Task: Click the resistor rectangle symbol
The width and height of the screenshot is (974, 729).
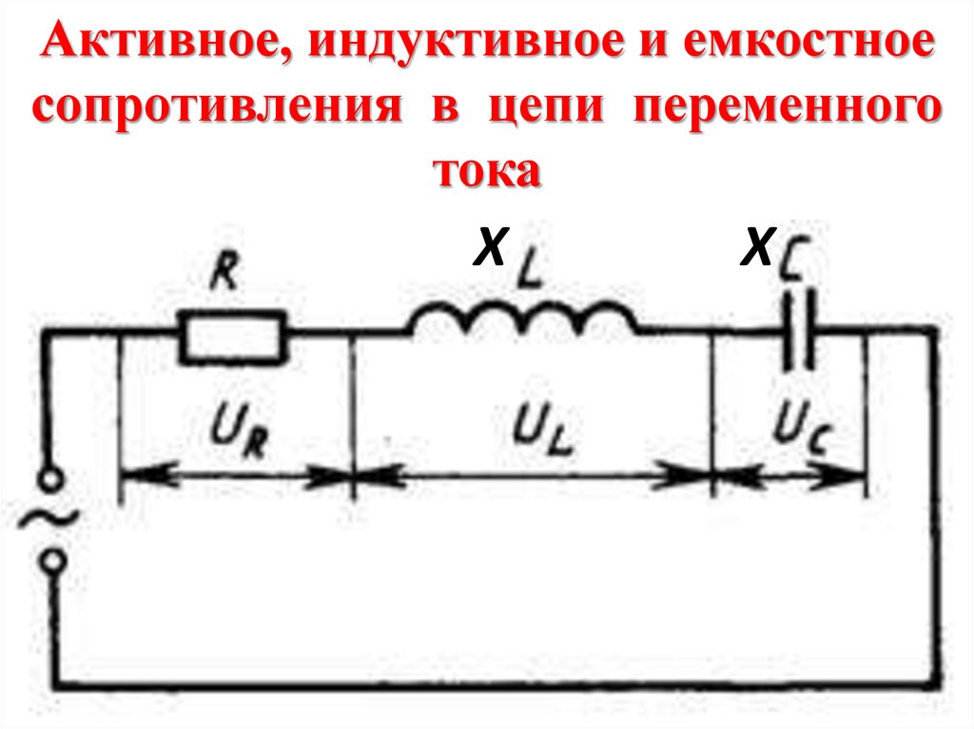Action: coord(232,337)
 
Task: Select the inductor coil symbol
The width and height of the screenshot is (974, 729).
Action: coord(524,318)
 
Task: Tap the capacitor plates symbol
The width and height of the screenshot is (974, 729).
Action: coord(798,333)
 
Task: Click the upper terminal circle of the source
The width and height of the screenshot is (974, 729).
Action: coord(53,485)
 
